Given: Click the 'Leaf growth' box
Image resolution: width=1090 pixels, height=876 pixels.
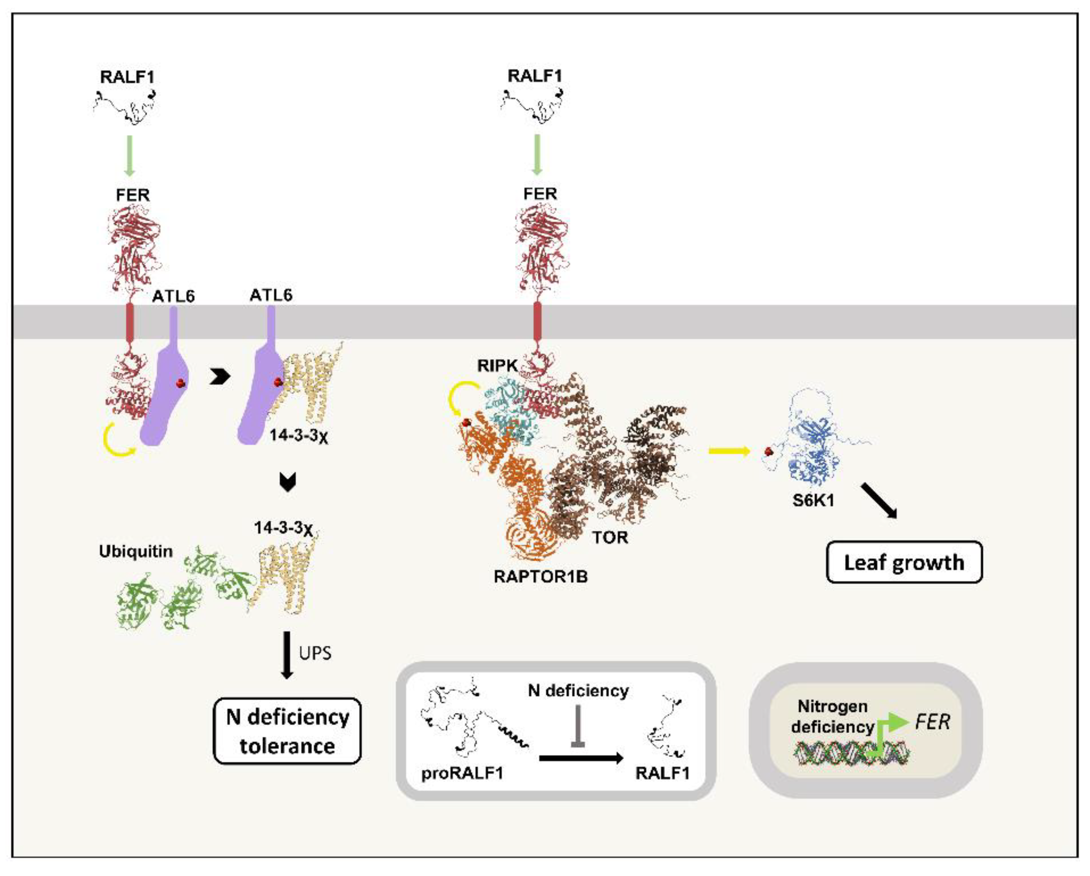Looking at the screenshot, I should click(x=904, y=562).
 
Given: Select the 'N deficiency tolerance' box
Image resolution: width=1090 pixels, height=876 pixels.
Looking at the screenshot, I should click(x=287, y=731).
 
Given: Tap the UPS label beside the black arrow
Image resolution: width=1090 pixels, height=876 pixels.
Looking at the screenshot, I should click(x=315, y=653).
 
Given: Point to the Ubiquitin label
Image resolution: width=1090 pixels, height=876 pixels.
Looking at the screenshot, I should click(x=136, y=551).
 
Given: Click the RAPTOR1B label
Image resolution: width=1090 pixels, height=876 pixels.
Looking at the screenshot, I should click(x=541, y=576).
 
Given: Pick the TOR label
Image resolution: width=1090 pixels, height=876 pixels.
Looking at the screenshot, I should click(x=610, y=537).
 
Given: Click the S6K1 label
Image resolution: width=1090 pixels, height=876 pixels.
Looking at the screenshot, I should click(x=813, y=501).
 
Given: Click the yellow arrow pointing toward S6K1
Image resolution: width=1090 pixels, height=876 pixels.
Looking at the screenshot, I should click(x=728, y=451).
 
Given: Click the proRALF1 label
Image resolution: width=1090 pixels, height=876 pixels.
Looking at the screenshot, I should click(x=462, y=773).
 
